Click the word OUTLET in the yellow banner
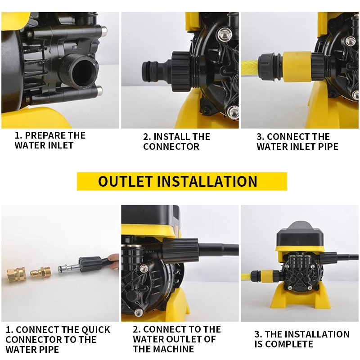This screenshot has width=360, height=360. coord(126,181)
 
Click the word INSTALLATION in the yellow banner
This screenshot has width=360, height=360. coord(207,181)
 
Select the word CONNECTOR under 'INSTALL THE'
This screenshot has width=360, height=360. coord(171,147)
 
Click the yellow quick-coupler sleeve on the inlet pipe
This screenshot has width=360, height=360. coord(297,67)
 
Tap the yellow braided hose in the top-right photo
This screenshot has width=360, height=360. coord(250,67)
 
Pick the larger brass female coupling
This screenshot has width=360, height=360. coord(15,274)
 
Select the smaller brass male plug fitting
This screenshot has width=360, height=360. coord(41,273)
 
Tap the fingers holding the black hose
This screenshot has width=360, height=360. coord(113,261)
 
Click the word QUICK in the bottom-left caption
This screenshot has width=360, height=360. coord(95,330)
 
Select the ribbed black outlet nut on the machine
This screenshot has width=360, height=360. coord(180,250)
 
